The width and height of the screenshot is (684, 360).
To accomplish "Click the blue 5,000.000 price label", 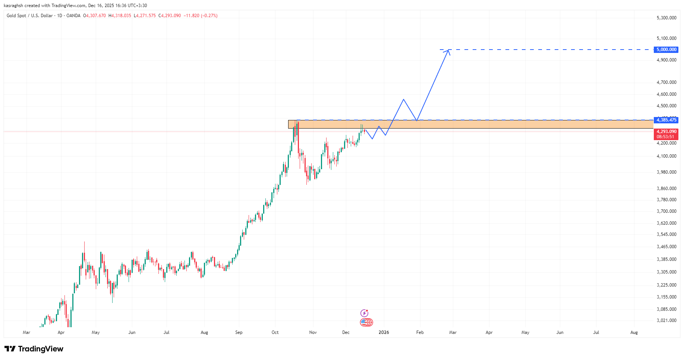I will tap(666, 50).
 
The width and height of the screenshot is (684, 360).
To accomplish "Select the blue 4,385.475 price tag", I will tap(666, 120).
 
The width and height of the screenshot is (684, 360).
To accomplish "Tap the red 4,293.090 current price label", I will tap(666, 132).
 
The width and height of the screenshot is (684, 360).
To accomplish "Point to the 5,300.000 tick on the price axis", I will tap(666, 18).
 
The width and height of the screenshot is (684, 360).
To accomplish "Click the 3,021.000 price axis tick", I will tap(666, 320).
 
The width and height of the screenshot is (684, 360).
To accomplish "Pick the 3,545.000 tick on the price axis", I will tap(666, 234).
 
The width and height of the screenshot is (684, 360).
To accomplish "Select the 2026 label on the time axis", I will tap(384, 332).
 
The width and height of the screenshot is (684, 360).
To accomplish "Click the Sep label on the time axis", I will tap(239, 332).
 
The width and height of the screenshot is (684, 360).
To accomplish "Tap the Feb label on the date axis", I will tap(420, 332).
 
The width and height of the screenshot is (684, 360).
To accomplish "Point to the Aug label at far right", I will tap(634, 332).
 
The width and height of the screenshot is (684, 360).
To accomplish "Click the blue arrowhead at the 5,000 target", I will tap(448, 51).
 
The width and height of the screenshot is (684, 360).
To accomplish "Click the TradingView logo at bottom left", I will tap(34, 349).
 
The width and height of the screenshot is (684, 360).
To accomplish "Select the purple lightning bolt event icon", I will tap(364, 313).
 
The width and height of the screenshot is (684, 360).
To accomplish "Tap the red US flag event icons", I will tap(366, 322).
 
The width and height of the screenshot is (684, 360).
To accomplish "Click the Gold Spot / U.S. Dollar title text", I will tap(29, 16).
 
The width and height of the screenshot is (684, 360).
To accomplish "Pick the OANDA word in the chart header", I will tap(73, 16).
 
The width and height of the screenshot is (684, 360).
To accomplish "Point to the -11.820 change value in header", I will tap(191, 16).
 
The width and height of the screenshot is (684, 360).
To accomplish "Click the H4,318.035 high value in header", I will tap(120, 16).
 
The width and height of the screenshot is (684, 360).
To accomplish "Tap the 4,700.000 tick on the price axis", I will tap(666, 82).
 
